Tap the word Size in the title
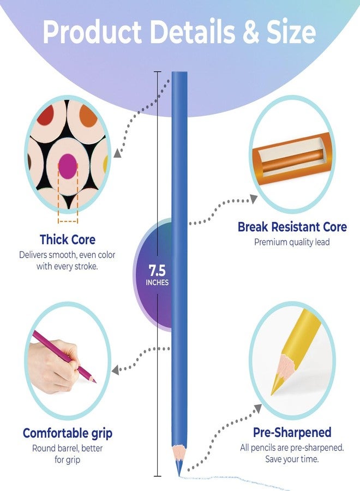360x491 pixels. coord(291,32)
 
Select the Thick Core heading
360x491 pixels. coord(68,239)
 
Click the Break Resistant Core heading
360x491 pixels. coord(292,227)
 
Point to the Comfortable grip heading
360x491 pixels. coord(68,434)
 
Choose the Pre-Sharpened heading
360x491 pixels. coord(292,433)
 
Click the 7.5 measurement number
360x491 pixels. coord(157,271)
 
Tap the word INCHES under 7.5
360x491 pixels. coord(157,283)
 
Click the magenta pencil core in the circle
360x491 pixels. coord(68,166)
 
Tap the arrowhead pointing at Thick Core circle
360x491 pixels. coord(118,153)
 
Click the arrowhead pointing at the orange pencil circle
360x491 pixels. coord(254,199)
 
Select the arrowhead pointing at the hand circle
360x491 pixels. coord(116,370)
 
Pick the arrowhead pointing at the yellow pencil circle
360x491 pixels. coord(258,408)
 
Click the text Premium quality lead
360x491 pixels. coord(292,242)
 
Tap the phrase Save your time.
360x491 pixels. coord(292,459)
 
